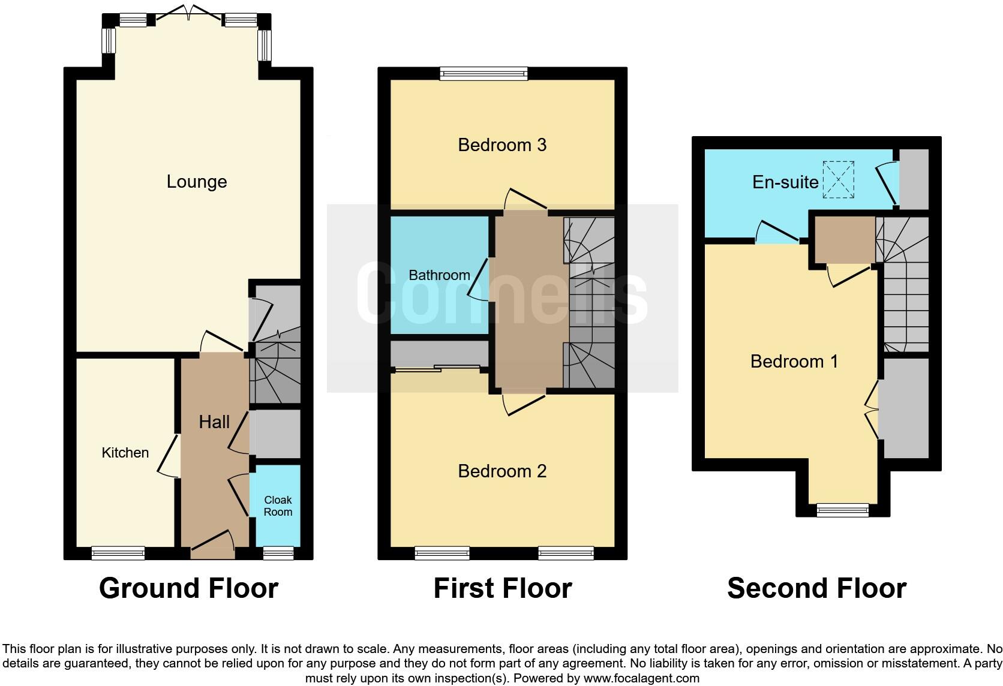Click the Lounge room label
(197, 182)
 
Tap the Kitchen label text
(125, 453)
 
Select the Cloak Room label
(278, 506)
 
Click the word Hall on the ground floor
(214, 422)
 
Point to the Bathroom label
(439, 275)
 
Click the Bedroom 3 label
(502, 145)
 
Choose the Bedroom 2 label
(502, 471)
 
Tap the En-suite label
(785, 182)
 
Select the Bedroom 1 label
(794, 362)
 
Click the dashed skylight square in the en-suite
(838, 179)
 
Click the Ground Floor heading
(188, 588)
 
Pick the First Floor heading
(502, 588)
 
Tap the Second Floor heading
(816, 588)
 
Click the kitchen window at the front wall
(118, 553)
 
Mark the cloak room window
(278, 553)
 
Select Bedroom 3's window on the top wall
(484, 74)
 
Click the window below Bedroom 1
(842, 510)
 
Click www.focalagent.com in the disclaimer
(641, 679)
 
